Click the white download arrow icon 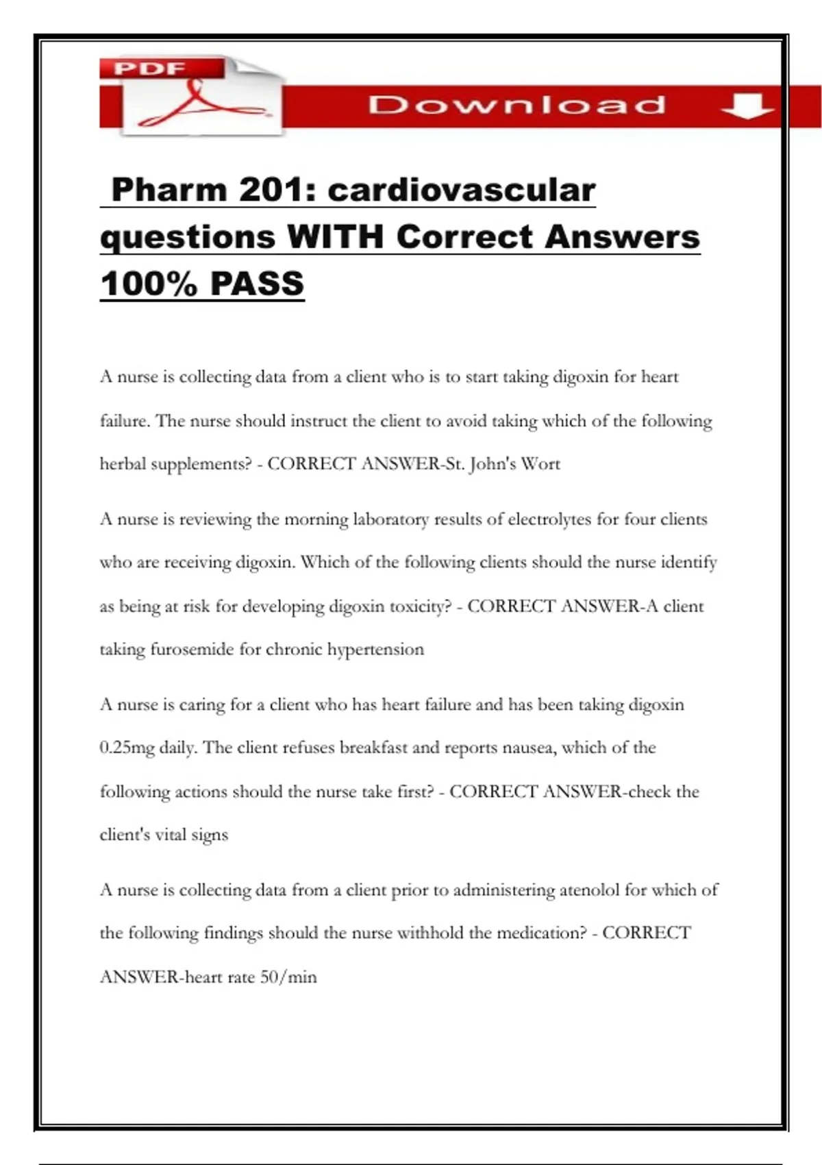point(747,106)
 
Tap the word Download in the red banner point(516,105)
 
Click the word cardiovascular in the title point(462,190)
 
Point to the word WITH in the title point(335,237)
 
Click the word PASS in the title point(257,284)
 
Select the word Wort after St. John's point(540,464)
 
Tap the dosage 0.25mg point(127,748)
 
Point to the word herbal point(123,464)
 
